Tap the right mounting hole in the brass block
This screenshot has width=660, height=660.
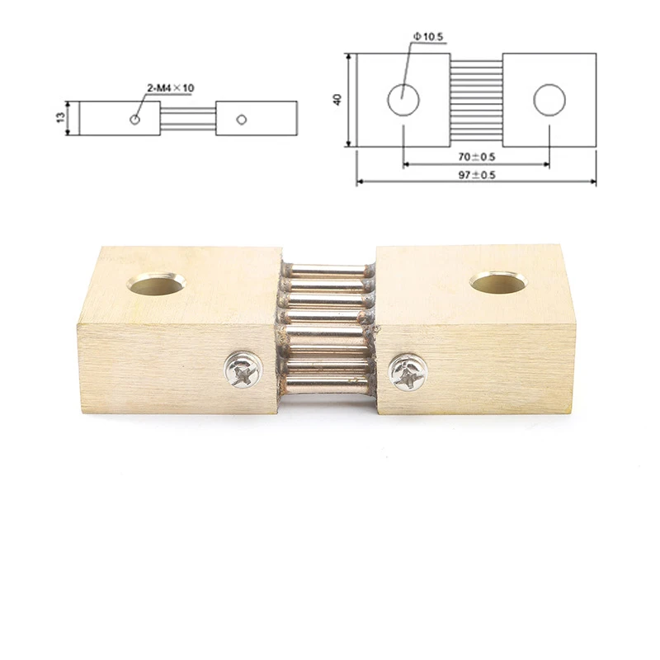point(499,283)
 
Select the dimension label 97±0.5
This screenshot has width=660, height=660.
point(477,175)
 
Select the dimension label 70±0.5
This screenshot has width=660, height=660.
point(477,157)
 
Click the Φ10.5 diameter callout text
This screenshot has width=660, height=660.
point(428,36)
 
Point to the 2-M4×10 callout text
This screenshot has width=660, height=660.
point(171,88)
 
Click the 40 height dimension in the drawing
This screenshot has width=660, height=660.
point(337,100)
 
